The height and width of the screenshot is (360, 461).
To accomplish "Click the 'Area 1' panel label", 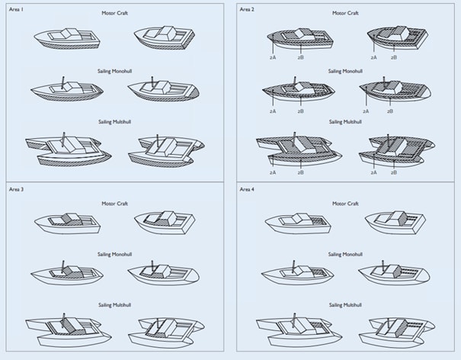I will click(x=18, y=9).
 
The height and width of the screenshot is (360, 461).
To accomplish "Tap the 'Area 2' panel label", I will click(x=248, y=9).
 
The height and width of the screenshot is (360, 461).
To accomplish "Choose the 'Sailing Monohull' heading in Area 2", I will click(x=347, y=71).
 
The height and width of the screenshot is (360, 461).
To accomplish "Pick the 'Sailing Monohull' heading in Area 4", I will click(x=347, y=254).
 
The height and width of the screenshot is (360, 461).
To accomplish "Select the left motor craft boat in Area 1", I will click(x=67, y=38).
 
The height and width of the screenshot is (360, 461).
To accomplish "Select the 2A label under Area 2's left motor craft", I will click(x=272, y=56).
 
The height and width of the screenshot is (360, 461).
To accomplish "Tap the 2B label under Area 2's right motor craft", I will click(x=394, y=56).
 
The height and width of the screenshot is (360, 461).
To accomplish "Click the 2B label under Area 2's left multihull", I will click(x=301, y=173).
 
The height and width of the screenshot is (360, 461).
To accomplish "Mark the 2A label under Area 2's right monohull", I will click(x=367, y=111).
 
